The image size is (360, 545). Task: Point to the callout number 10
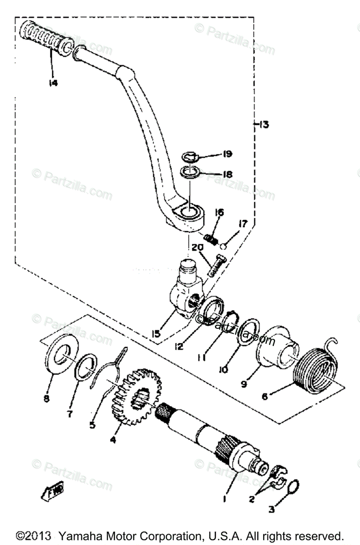pyautogui.click(x=223, y=370)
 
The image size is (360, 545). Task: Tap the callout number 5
pyautogui.click(x=92, y=426)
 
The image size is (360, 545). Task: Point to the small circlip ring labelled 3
pyautogui.click(x=293, y=487)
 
